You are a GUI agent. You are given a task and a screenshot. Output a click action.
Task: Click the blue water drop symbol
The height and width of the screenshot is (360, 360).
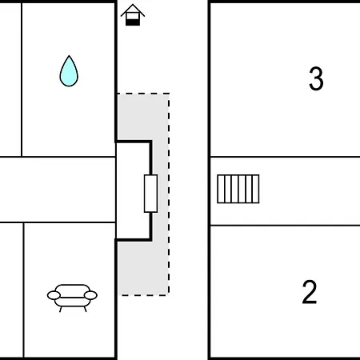coord(69,72)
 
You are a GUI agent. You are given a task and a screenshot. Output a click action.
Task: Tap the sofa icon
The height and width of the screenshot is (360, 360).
coord(72,298)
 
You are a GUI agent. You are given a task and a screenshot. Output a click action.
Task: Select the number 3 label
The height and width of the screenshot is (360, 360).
coord(316,78)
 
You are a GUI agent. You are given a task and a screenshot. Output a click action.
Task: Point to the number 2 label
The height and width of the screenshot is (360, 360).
coord(310,292)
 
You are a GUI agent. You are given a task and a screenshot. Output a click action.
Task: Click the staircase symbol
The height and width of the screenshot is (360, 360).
coord(238,189)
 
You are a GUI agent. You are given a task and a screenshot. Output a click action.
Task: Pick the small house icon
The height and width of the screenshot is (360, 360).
coord(133,15)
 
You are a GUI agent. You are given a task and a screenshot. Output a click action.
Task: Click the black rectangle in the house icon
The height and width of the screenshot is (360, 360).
coord(133,22)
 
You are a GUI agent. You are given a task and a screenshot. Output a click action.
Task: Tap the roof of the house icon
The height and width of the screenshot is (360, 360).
coord(133,10)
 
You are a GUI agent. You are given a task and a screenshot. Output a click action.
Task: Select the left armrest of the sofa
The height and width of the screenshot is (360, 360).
coord(54,295)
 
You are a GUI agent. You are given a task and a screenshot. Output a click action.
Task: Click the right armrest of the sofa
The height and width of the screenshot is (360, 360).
coord(90,295)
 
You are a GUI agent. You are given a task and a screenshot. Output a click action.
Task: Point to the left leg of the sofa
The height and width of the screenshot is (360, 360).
coord(61,310)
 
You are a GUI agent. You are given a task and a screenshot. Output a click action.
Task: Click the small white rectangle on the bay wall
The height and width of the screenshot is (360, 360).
coord(150,194)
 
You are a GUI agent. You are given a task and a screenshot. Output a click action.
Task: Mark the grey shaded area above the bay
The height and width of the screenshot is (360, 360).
coord(143,117)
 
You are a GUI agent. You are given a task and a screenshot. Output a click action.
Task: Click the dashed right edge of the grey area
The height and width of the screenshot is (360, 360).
coord(169,194)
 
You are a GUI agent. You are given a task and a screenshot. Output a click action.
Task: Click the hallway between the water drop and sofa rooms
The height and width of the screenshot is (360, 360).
coord(58,190)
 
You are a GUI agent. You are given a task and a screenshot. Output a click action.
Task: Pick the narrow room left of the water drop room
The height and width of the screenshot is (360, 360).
coord(10,79)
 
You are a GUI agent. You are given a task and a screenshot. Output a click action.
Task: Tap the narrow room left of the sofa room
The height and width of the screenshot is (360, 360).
coord(11,290)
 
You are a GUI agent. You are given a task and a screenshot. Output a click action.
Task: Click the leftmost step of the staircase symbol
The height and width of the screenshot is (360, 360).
coord(221,189)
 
